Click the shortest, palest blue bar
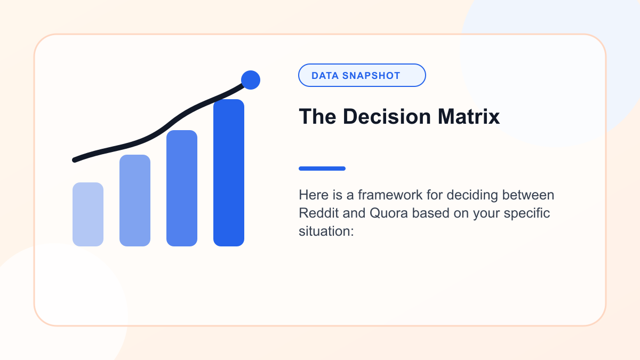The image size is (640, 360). [88, 214]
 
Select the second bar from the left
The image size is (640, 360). [135, 201]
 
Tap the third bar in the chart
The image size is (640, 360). [182, 188]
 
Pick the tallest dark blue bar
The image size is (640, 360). [229, 173]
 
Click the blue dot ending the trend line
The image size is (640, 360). [251, 80]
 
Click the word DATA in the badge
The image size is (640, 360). [325, 76]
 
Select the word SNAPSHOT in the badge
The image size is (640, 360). [371, 76]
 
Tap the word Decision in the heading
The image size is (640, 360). [387, 117]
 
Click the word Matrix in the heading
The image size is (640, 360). [469, 117]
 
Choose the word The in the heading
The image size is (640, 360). [317, 117]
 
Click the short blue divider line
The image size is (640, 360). [322, 169]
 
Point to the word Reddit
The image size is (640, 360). [318, 213]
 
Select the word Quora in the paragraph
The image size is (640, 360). [389, 213]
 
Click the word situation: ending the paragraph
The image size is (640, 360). [326, 231]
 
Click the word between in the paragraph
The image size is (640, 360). [529, 195]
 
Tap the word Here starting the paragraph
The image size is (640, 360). [314, 195]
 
